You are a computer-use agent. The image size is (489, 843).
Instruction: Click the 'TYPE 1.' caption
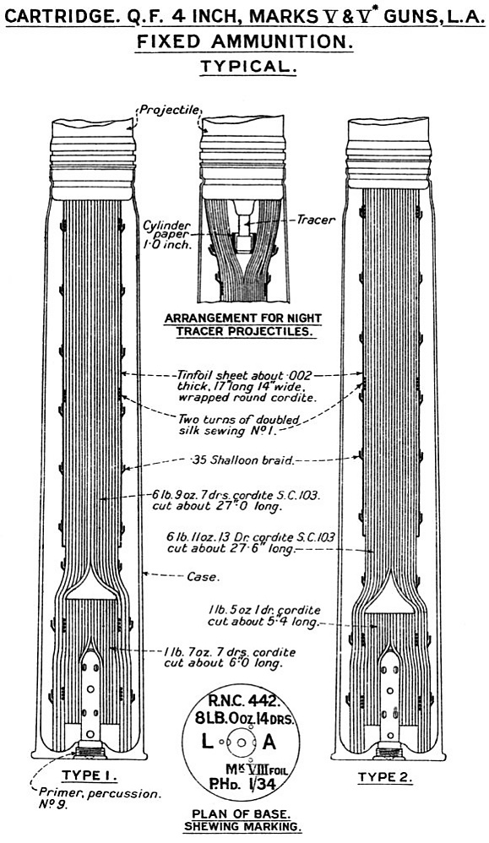coord(89,775)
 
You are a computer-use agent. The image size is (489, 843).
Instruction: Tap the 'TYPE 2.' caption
coord(384,777)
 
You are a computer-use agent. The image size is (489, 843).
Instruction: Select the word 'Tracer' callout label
coord(316,220)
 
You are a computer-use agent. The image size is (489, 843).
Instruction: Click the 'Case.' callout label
coord(204,577)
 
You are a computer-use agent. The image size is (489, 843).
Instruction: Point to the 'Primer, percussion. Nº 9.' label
coord(99,799)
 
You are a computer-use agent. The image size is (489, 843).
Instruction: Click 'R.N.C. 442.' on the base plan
coord(243,701)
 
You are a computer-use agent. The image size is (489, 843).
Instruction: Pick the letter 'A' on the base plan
coord(269,742)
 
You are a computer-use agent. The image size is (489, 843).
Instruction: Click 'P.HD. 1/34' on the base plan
coord(242,785)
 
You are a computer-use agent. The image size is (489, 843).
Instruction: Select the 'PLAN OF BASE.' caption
coord(242,814)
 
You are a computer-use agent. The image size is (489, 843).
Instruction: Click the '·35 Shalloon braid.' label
coord(242,460)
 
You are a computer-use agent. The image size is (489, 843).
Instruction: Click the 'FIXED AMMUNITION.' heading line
coord(245,41)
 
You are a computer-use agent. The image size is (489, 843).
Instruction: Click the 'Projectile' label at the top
coord(170,111)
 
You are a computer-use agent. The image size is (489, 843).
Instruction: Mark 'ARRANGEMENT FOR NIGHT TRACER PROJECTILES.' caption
coord(243,324)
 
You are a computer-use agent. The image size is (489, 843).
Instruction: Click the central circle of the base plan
coord(242,742)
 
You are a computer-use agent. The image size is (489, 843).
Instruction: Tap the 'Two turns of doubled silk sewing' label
coord(239,424)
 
